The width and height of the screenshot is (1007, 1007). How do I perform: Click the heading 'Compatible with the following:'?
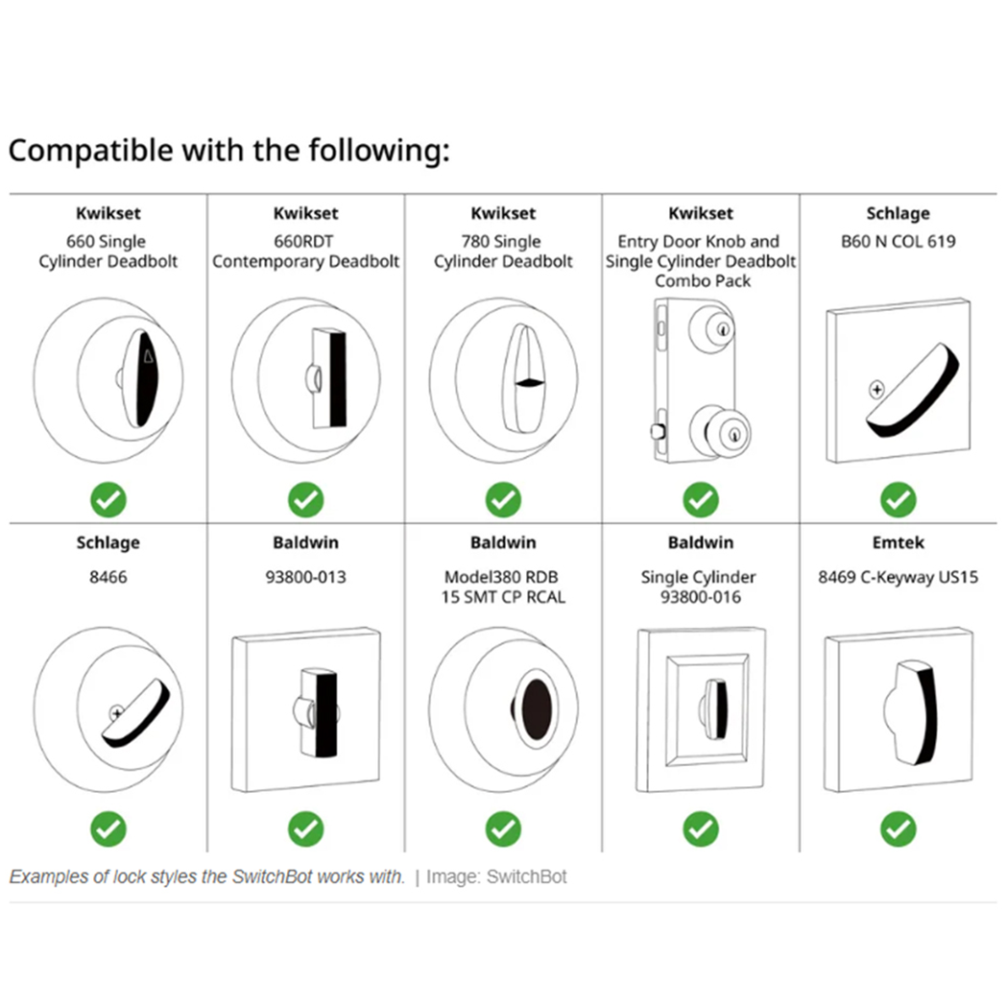point(228,152)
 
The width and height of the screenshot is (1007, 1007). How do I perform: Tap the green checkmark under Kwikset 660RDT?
point(305,499)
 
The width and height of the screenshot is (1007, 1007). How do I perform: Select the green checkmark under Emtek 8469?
point(898,829)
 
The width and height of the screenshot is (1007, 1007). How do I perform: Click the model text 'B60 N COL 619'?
point(898,242)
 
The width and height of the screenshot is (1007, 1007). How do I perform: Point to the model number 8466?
point(108,577)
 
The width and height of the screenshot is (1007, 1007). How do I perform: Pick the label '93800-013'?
point(305,577)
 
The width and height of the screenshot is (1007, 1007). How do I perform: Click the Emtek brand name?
point(898,542)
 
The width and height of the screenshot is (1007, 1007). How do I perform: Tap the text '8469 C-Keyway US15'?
point(898,577)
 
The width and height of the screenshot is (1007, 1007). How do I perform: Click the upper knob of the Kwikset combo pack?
point(711,328)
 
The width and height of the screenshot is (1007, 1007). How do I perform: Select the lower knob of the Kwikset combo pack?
point(719,432)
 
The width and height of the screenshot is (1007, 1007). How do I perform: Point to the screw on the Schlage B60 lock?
point(876,389)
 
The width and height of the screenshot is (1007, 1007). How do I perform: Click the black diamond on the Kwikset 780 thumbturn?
point(530,383)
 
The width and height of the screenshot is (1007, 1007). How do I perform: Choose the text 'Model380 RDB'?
point(501,577)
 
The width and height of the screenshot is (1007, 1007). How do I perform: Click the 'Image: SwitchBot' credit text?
point(496,876)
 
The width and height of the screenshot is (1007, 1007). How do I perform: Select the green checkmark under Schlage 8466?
point(108,829)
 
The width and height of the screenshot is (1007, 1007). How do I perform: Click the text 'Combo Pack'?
point(703,281)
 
